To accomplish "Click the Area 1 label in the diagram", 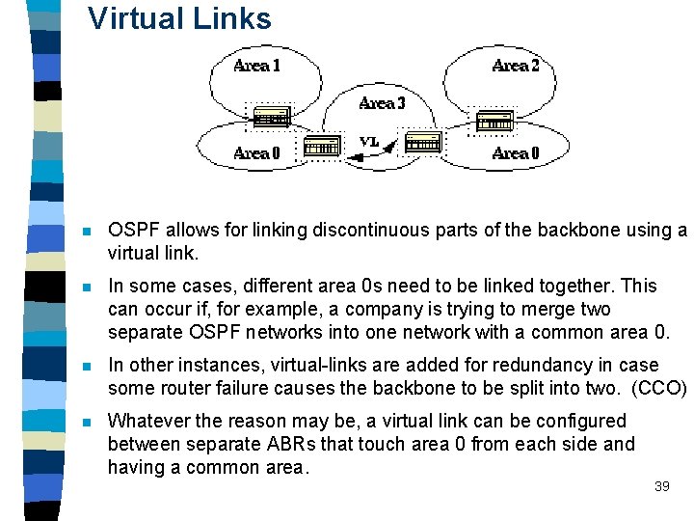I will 257,66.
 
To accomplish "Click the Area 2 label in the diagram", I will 516,66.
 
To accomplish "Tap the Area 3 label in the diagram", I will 382,103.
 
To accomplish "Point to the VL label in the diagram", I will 369,142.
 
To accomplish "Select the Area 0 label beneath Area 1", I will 257,152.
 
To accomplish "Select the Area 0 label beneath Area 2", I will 516,152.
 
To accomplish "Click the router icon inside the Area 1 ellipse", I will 271,116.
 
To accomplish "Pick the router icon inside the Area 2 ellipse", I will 495,122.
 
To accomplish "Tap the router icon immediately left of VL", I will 321,145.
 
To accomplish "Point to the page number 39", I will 661,487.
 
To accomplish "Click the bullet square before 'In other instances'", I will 87,367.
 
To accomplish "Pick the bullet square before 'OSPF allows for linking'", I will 87,232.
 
